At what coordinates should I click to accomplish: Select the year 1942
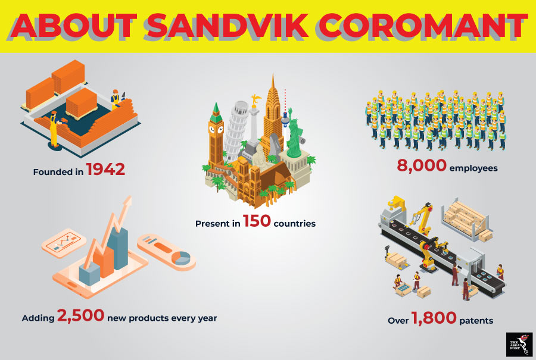click(105, 170)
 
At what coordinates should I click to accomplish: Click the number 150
click(257, 221)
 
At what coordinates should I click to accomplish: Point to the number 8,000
click(422, 165)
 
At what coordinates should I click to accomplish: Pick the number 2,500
click(80, 315)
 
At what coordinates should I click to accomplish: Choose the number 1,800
click(434, 318)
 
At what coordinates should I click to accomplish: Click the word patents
click(476, 321)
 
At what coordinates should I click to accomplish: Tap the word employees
click(473, 168)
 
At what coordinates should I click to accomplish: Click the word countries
click(295, 224)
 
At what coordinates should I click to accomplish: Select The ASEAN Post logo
click(519, 345)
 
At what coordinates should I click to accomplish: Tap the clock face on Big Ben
click(212, 130)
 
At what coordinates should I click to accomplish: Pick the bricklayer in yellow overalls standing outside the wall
click(55, 130)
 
